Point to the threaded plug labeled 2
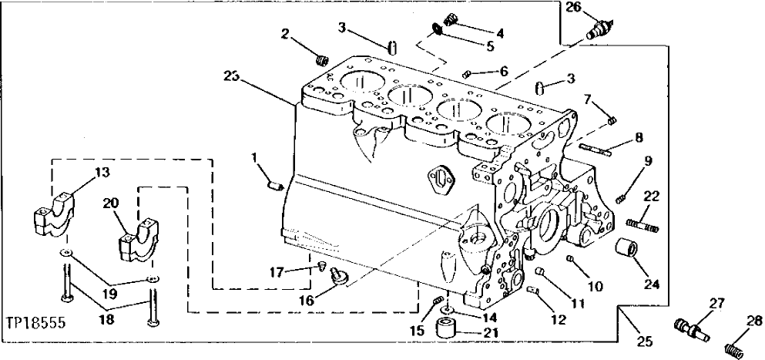pos(322,59)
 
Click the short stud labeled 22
pos(642,225)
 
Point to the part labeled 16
pos(337,276)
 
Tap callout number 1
pos(255,158)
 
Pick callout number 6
pos(504,70)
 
